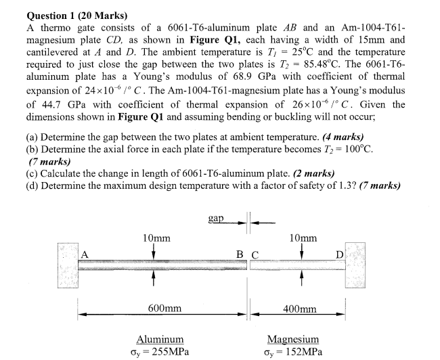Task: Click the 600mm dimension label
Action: click(164, 308)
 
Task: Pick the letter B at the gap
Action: click(241, 254)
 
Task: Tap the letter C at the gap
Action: click(255, 254)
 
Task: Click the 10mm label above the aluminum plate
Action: click(156, 238)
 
